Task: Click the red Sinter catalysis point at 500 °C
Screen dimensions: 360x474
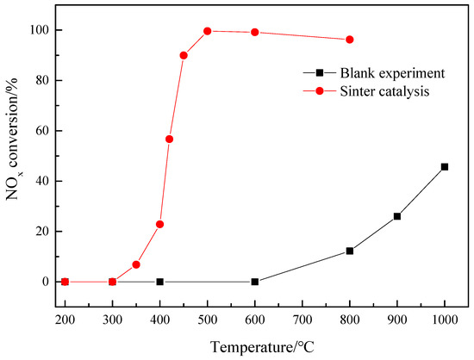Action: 208,31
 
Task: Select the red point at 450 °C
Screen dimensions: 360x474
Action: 184,55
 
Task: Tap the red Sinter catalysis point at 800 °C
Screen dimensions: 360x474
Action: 350,40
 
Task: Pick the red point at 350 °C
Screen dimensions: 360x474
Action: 136,264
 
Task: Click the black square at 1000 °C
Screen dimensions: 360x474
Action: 445,166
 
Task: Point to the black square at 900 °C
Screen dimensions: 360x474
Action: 397,216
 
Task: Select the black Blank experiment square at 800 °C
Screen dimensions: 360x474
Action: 350,251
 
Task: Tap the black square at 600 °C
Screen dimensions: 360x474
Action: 255,282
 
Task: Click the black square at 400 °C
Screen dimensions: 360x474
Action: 160,282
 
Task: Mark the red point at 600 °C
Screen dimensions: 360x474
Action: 255,33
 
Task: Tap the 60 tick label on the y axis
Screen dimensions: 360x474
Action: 37,131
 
